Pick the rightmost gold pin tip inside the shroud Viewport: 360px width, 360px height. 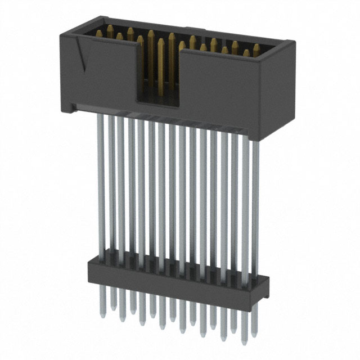[x=256, y=48]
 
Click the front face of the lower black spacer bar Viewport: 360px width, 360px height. [x=169, y=278]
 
